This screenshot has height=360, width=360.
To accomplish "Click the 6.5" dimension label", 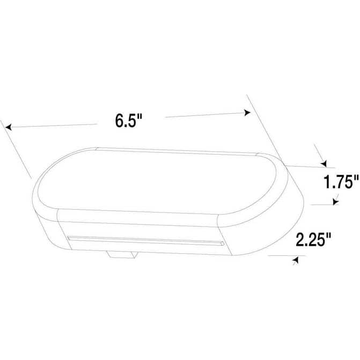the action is [129, 121].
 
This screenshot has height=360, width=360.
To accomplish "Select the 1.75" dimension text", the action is [341, 181].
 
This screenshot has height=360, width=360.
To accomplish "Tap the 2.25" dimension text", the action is [313, 239].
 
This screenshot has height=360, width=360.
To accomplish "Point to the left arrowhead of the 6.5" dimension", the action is [9, 127].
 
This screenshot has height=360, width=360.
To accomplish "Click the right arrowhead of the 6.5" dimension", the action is [247, 113].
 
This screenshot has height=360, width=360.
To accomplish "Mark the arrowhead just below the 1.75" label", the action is [336, 202].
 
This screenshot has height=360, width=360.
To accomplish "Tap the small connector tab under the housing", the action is [122, 255].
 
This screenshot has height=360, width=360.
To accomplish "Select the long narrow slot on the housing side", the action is [146, 241].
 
